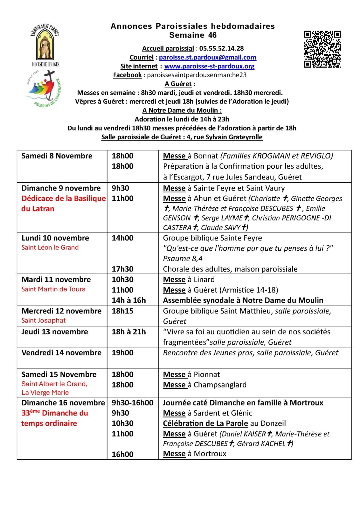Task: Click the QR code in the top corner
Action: click(x=322, y=49)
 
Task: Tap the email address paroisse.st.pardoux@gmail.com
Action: click(x=207, y=57)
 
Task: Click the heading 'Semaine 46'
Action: click(x=193, y=35)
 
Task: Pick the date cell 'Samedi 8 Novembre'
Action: click(x=57, y=156)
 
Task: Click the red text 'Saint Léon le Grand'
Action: click(x=50, y=248)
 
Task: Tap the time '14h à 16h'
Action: click(x=128, y=300)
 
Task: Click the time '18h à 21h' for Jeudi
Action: click(x=128, y=332)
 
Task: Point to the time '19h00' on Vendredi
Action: click(x=122, y=353)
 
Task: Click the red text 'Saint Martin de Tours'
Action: click(x=53, y=289)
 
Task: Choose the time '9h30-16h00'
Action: click(x=132, y=403)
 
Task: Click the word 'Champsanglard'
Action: click(x=220, y=385)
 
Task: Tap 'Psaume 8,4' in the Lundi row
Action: click(x=183, y=259)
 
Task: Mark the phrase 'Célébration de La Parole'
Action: click(x=205, y=423)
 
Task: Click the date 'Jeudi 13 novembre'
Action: click(x=54, y=332)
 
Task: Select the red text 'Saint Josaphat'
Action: click(x=43, y=320)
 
